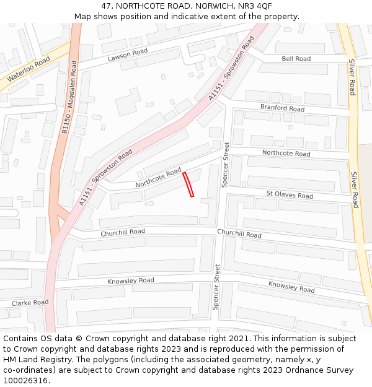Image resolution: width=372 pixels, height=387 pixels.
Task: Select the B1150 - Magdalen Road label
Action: click(69, 97)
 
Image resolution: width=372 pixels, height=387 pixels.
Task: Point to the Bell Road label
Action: click(296, 59)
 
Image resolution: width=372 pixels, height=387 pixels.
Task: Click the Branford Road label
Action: click(282, 108)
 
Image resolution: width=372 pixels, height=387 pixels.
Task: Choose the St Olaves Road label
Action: click(290, 194)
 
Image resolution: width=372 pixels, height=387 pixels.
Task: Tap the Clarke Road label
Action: click(30, 303)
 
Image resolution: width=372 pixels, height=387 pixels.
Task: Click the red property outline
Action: click(188, 185)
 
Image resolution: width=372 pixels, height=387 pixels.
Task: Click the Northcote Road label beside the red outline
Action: click(158, 178)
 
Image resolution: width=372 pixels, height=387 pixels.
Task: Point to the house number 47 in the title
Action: click(107, 6)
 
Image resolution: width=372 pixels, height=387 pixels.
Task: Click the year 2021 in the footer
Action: click(236, 339)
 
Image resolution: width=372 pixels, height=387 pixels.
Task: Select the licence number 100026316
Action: click(26, 381)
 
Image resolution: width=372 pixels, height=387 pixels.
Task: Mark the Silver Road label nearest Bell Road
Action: click(351, 77)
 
